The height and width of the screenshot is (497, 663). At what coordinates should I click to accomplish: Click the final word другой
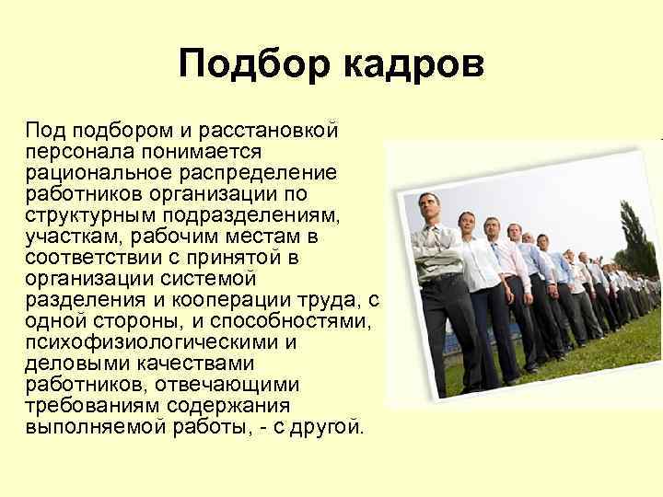point(329,428)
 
